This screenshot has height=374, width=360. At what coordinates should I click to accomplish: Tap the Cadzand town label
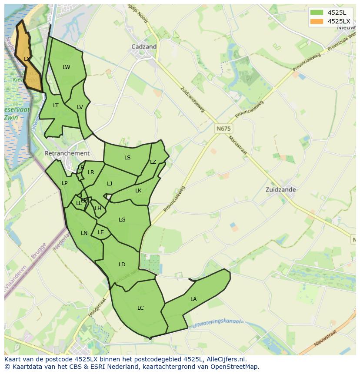[x=144, y=46]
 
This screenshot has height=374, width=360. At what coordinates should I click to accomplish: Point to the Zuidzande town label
[x=281, y=189]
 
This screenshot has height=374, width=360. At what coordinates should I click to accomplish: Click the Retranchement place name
[x=67, y=153]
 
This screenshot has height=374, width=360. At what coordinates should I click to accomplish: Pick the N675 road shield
[x=223, y=129]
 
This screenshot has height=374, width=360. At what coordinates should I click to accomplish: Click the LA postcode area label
[x=193, y=299]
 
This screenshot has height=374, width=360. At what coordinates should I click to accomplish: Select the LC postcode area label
[x=140, y=308]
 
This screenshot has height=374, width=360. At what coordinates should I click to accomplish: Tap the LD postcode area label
[x=122, y=264]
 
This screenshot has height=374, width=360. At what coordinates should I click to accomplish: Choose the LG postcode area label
[x=122, y=220]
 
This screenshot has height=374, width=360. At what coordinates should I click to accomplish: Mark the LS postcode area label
[x=127, y=158]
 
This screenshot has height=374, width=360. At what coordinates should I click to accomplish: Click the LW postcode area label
[x=66, y=67]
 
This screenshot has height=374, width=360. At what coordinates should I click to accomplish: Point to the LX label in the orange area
[x=27, y=59]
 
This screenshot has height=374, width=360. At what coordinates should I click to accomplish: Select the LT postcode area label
[x=56, y=106]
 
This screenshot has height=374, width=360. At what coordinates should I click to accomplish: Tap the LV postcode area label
[x=80, y=107]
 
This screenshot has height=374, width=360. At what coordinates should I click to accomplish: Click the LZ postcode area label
[x=153, y=162]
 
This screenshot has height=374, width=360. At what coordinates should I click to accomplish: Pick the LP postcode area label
[x=64, y=183]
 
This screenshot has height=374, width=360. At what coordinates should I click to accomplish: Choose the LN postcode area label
[x=84, y=233]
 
